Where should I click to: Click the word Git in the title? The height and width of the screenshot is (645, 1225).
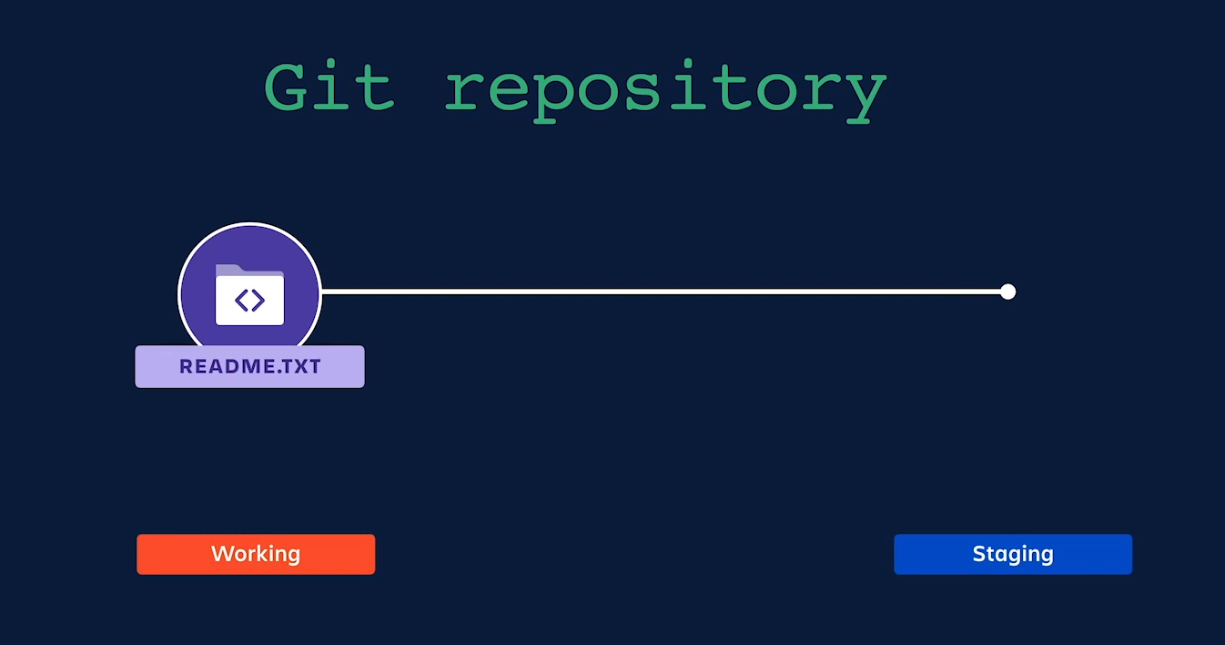(x=329, y=87)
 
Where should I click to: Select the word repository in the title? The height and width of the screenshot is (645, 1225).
(x=665, y=91)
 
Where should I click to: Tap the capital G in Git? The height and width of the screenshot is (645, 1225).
(x=289, y=87)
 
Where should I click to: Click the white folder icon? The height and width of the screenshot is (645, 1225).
(x=249, y=296)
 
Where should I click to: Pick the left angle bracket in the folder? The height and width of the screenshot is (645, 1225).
(x=241, y=300)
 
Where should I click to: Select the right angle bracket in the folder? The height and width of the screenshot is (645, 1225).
(x=258, y=300)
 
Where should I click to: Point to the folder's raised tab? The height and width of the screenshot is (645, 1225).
(x=229, y=269)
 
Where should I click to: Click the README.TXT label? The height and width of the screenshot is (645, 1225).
(x=249, y=367)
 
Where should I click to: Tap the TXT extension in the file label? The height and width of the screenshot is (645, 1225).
(x=302, y=367)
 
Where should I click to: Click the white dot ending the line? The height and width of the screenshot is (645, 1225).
(x=1007, y=292)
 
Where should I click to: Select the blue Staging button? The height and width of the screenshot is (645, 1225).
(x=1013, y=554)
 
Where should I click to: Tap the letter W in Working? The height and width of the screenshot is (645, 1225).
(x=221, y=554)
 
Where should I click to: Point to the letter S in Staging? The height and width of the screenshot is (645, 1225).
(x=979, y=554)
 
